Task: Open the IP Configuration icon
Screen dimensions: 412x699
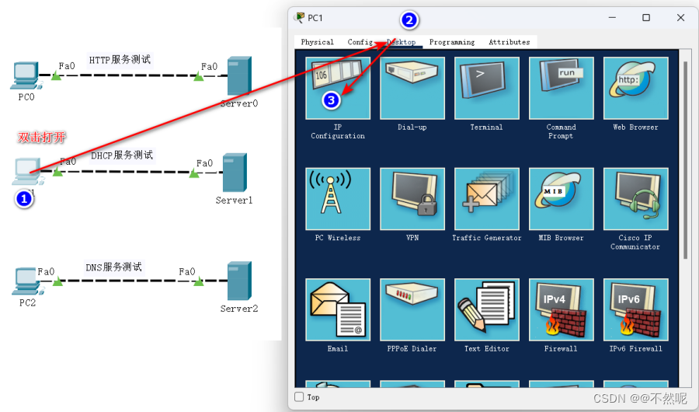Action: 338,88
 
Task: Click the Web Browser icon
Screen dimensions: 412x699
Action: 635,88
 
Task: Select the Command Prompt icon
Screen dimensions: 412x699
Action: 561,88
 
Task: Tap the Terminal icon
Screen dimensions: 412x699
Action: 486,88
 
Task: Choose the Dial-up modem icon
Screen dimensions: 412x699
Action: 412,88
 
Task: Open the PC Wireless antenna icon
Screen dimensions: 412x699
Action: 338,198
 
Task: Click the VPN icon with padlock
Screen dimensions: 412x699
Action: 412,198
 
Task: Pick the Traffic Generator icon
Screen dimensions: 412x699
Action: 486,198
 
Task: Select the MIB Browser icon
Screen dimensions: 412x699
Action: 561,198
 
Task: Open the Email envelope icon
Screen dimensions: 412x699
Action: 338,309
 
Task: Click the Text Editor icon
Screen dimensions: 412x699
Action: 486,309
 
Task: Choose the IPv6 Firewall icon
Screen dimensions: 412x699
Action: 635,309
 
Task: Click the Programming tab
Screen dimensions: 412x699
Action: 451,42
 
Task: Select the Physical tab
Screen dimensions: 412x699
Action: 317,42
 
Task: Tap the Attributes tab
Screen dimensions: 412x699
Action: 509,42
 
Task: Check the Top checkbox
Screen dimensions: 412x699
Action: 299,397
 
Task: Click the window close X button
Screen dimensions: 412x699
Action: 681,17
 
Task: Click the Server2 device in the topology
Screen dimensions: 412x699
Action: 238,281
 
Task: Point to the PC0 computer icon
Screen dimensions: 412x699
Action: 26,75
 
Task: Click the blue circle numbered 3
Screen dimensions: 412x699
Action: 332,100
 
